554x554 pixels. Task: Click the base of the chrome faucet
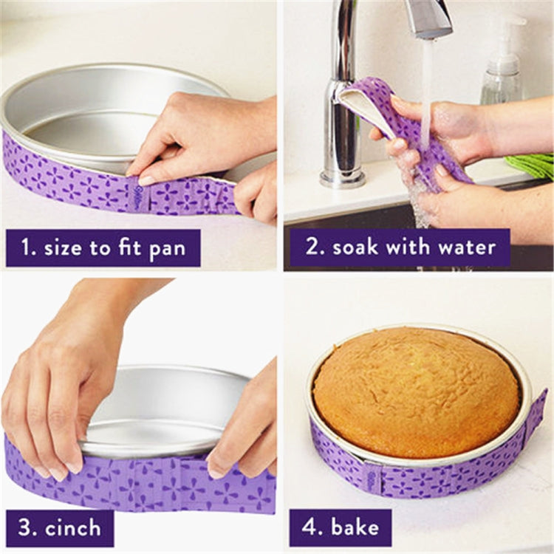342,176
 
